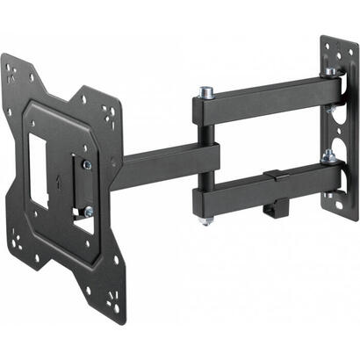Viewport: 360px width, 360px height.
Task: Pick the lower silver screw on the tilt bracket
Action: [88, 211]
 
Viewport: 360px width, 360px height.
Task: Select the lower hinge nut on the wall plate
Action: [328, 157]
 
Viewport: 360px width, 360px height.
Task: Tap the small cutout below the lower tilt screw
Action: [83, 227]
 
